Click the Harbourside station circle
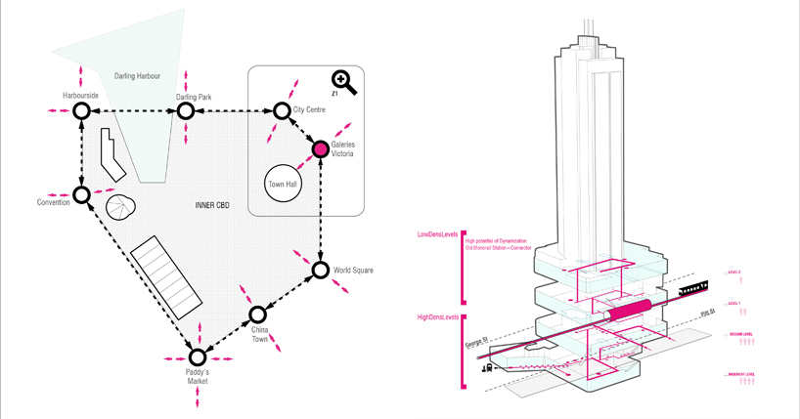(x=81, y=112)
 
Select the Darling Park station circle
(x=185, y=112)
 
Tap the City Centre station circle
(x=282, y=111)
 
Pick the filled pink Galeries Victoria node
(x=319, y=149)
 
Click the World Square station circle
(x=320, y=270)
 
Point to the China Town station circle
(x=258, y=314)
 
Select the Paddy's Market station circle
(x=198, y=357)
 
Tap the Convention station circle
(x=81, y=194)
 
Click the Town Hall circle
(x=282, y=183)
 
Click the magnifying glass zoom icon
(x=343, y=81)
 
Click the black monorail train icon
(x=693, y=289)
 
